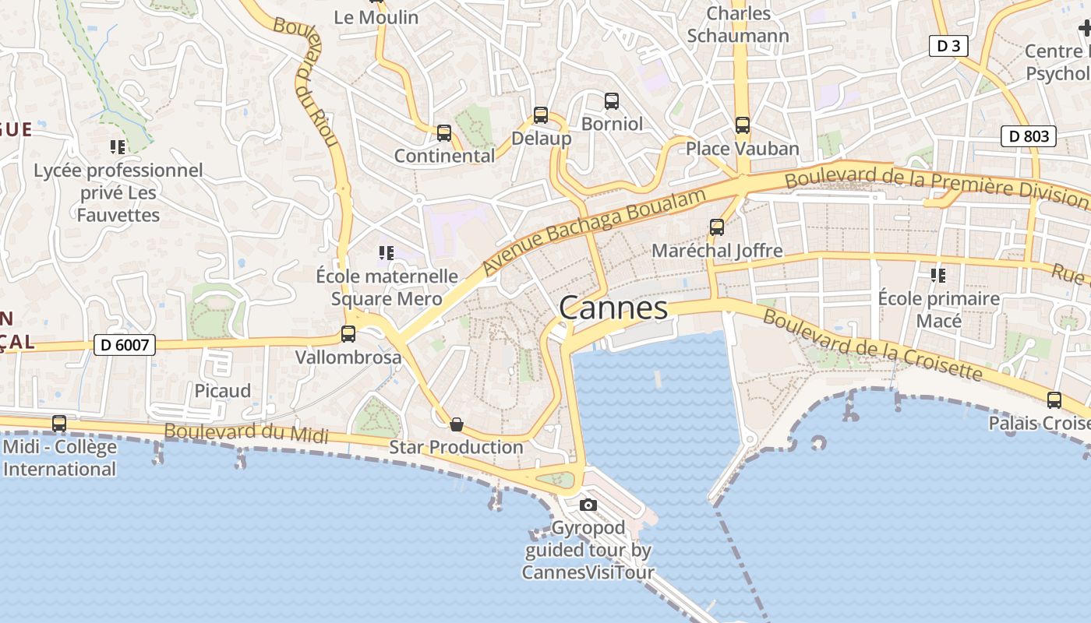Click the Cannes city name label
pyautogui.click(x=613, y=308)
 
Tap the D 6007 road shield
pyautogui.click(x=125, y=344)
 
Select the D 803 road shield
pyautogui.click(x=1029, y=136)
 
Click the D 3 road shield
pyautogui.click(x=948, y=46)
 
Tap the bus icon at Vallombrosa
pyautogui.click(x=348, y=334)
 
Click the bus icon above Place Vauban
pyautogui.click(x=743, y=125)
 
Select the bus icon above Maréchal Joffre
pyautogui.click(x=717, y=227)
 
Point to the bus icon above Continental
pyautogui.click(x=444, y=133)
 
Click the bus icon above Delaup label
pyautogui.click(x=541, y=115)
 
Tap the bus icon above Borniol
pyautogui.click(x=612, y=100)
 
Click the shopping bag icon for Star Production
pyautogui.click(x=457, y=424)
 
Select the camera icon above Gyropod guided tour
pyautogui.click(x=588, y=505)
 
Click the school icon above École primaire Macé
pyautogui.click(x=938, y=276)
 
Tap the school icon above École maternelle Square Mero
pyautogui.click(x=386, y=253)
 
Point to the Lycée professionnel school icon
pyautogui.click(x=118, y=147)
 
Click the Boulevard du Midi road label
pyautogui.click(x=245, y=433)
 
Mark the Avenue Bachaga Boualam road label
pyautogui.click(x=594, y=230)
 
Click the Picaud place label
pyautogui.click(x=223, y=390)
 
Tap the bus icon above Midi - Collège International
pyautogui.click(x=59, y=424)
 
